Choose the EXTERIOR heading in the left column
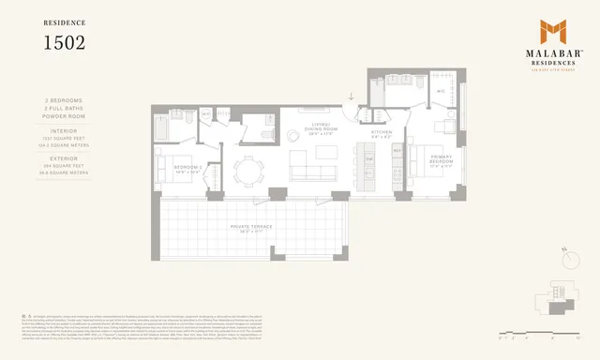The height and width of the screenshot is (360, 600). (x=65, y=157)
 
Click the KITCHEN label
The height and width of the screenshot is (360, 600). (x=381, y=132)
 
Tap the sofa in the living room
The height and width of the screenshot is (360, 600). (x=312, y=172)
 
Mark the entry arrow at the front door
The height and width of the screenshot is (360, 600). (x=350, y=95)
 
